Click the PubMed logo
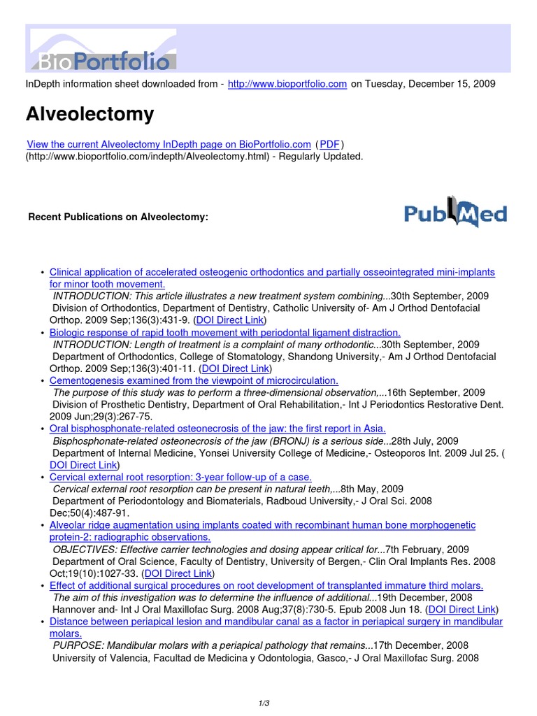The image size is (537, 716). pyautogui.click(x=455, y=215)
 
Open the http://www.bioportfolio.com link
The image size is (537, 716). pyautogui.click(x=287, y=84)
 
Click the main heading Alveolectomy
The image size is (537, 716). pyautogui.click(x=89, y=114)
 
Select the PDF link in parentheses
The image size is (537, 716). pyautogui.click(x=329, y=144)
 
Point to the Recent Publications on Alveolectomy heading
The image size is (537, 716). pyautogui.click(x=118, y=217)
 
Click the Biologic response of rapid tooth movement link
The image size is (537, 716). pyautogui.click(x=225, y=333)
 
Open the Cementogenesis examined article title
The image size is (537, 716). pyautogui.click(x=194, y=380)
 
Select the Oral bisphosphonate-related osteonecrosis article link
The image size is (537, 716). pyautogui.click(x=217, y=429)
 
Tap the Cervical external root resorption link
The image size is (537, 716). pyautogui.click(x=180, y=477)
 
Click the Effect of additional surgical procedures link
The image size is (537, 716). pyautogui.click(x=266, y=585)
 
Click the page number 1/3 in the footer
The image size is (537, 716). pyautogui.click(x=268, y=703)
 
